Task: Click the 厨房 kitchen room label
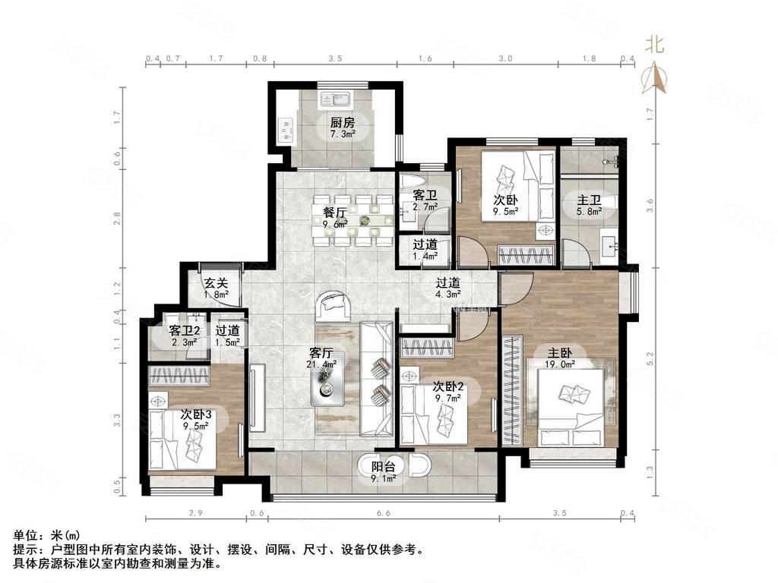pos(342,122)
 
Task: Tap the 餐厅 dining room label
pos(334,212)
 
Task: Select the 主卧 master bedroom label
pos(561,352)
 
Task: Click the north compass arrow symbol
pos(655,75)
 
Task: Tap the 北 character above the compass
pos(655,45)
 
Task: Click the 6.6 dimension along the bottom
pos(382,514)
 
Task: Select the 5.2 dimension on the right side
pos(649,355)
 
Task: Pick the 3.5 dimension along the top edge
pos(335,58)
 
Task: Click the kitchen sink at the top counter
pos(334,98)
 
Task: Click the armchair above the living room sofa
pos(334,304)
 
